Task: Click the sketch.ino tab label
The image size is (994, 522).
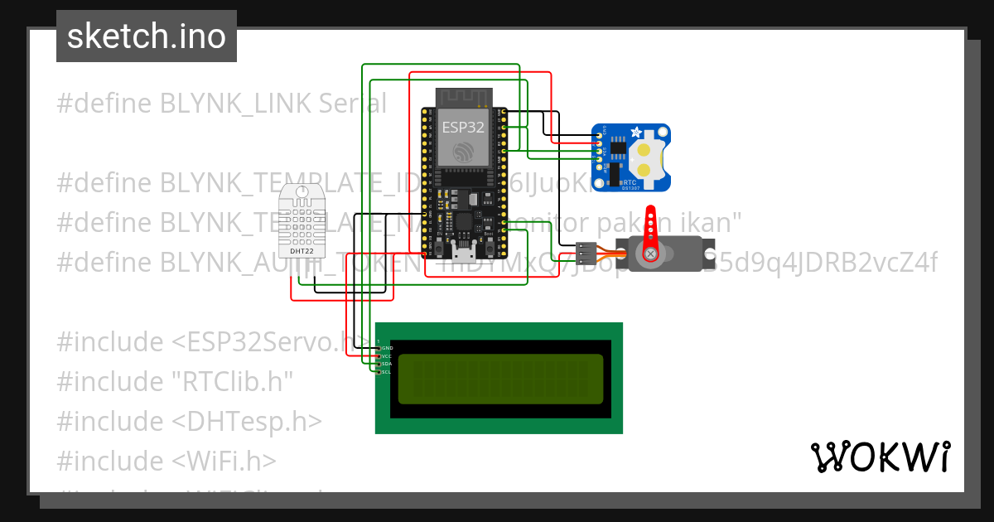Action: click(x=147, y=36)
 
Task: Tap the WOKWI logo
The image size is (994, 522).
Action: click(x=880, y=457)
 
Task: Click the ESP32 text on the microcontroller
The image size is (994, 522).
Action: click(x=462, y=127)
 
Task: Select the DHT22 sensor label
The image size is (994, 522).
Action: click(x=302, y=250)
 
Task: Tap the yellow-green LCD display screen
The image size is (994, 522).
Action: click(x=500, y=379)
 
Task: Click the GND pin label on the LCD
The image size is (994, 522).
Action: click(x=386, y=348)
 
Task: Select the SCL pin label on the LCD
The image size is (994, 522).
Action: click(x=386, y=372)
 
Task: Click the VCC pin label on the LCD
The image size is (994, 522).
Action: click(x=386, y=356)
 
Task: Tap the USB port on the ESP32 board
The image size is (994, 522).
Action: click(x=462, y=252)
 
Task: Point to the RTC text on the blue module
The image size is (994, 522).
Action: click(x=630, y=181)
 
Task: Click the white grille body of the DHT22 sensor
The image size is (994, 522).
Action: click(x=302, y=220)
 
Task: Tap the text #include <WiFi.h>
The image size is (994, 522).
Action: click(x=166, y=461)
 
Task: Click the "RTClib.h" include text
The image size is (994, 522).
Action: click(x=176, y=381)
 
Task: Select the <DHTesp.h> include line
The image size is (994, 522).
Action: click(x=189, y=421)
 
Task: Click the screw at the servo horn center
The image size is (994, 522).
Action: click(x=651, y=254)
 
